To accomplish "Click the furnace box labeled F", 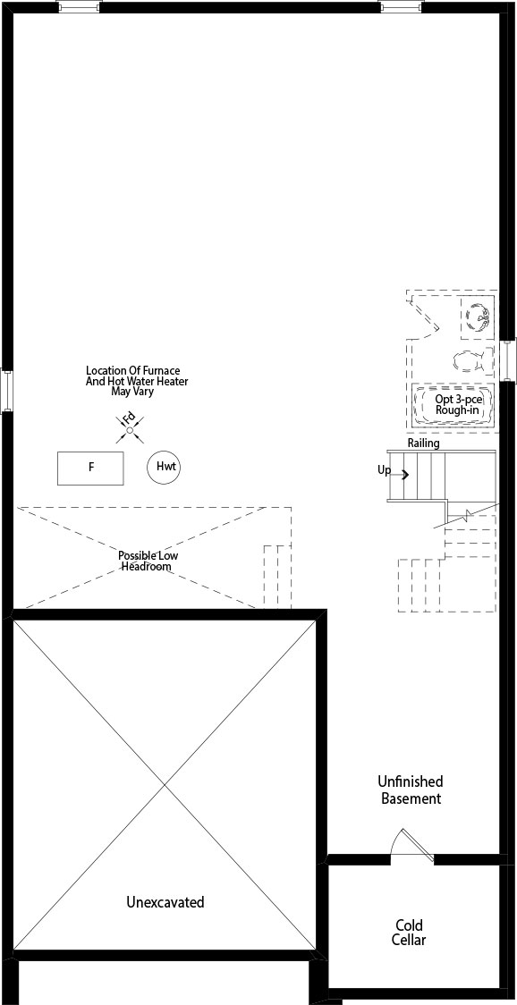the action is pos(90,468).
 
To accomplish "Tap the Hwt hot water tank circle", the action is pos(164,468).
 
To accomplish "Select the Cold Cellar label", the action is pos(411,933).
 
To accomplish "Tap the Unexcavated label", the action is pos(165,902).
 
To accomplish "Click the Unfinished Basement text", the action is pos(411,790).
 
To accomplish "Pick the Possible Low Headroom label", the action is pos(148,561).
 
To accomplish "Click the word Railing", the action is pos(423,443).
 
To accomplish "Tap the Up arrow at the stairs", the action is pos(405,474).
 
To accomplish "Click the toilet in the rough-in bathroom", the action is pos(469,361).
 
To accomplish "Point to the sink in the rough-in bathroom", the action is pos(479,317).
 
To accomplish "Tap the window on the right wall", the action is pos(509,360).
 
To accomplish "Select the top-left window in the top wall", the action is pos(79,6).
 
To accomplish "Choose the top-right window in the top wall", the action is pos(401,6).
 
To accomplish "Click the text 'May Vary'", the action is pos(132,391).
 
